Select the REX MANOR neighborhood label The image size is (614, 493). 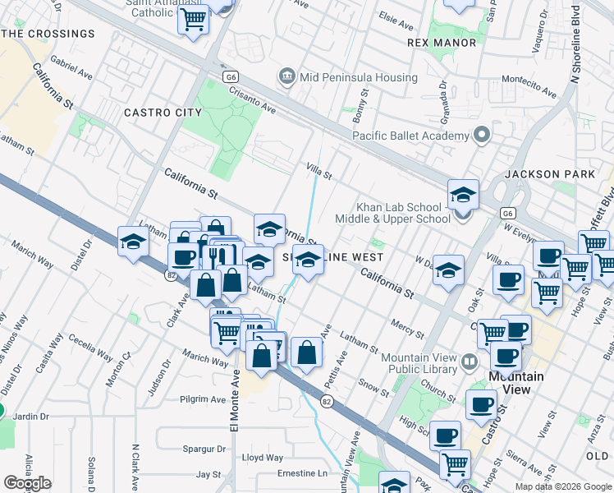click(442, 42)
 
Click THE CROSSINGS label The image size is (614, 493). click(48, 34)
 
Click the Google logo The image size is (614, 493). click(27, 482)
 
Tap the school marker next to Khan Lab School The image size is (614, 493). click(463, 196)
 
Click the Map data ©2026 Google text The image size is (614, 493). click(563, 486)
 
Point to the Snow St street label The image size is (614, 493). click(373, 383)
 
